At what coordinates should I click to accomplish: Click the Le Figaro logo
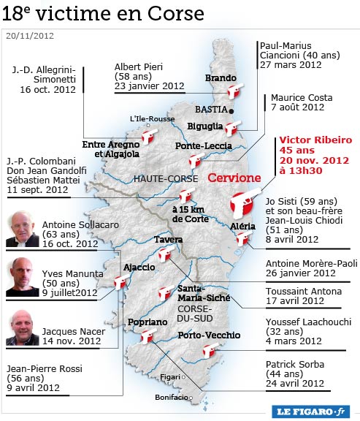point(312,411)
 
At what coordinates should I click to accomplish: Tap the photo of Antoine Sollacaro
point(23,230)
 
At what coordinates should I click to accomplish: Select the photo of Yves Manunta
point(23,276)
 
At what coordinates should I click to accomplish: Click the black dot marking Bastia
point(231,111)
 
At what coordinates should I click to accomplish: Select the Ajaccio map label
point(139,267)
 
